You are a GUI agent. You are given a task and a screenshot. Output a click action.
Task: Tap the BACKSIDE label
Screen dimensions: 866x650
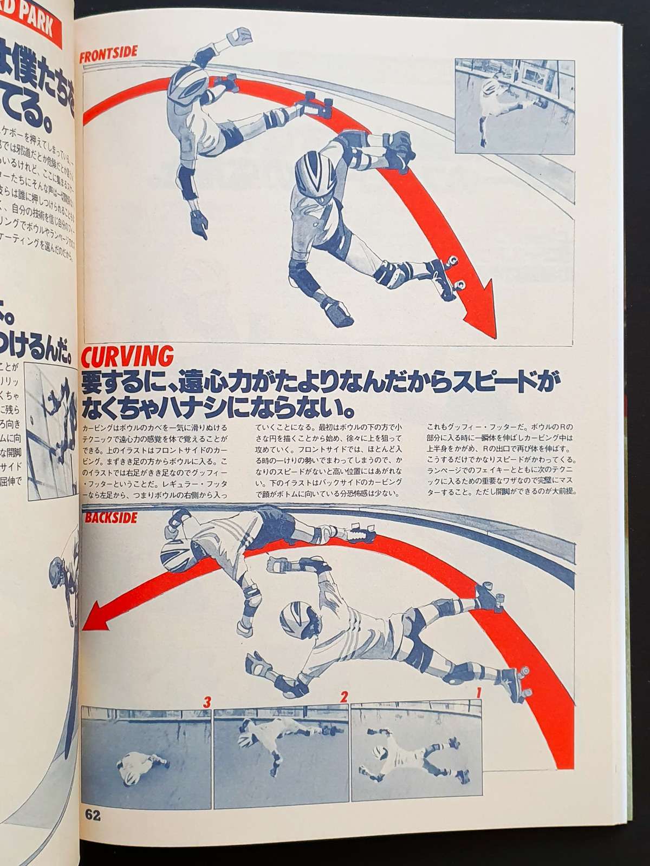(110, 517)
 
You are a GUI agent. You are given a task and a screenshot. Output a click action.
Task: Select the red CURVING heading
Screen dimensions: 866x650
(127, 356)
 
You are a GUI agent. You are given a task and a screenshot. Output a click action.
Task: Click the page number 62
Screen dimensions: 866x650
(93, 831)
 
